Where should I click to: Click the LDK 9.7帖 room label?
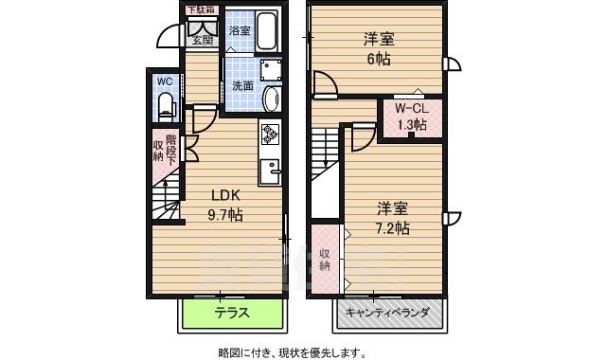coord(225,206)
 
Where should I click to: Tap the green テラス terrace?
coord(231,313)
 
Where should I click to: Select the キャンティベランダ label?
coord(387,313)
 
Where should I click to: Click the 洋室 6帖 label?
coord(378,48)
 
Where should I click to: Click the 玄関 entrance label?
coord(202,40)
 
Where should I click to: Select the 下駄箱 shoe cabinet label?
coord(200,9)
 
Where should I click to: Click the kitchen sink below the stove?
coord(271,171)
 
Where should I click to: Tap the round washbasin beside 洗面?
coord(272,98)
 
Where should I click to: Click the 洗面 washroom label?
coord(242,86)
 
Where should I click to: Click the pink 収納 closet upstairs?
coord(325,258)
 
